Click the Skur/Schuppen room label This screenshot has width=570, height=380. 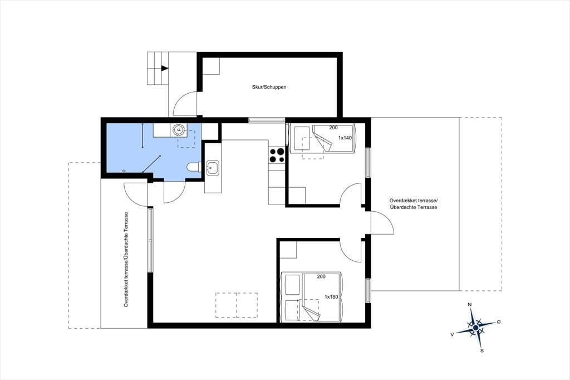269,87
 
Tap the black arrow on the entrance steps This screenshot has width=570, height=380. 165,68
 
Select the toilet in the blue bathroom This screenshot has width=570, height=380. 194,167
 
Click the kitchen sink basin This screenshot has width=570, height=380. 213,168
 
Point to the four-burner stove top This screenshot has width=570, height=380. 277,155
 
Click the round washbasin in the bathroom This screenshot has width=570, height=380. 179,129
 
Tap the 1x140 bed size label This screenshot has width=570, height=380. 345,138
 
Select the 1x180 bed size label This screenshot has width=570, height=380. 331,296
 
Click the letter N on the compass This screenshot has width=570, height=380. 470,305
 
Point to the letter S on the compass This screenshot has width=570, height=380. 482,351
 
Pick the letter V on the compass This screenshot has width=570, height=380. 452,334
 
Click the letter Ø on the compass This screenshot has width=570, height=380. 499,321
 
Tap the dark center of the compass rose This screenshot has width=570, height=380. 475,328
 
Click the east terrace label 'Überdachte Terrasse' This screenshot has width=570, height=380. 413,207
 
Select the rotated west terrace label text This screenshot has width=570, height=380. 126,259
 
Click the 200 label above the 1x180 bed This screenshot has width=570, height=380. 321,276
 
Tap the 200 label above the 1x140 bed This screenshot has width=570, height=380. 333,128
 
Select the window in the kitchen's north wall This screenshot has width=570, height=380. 267,120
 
